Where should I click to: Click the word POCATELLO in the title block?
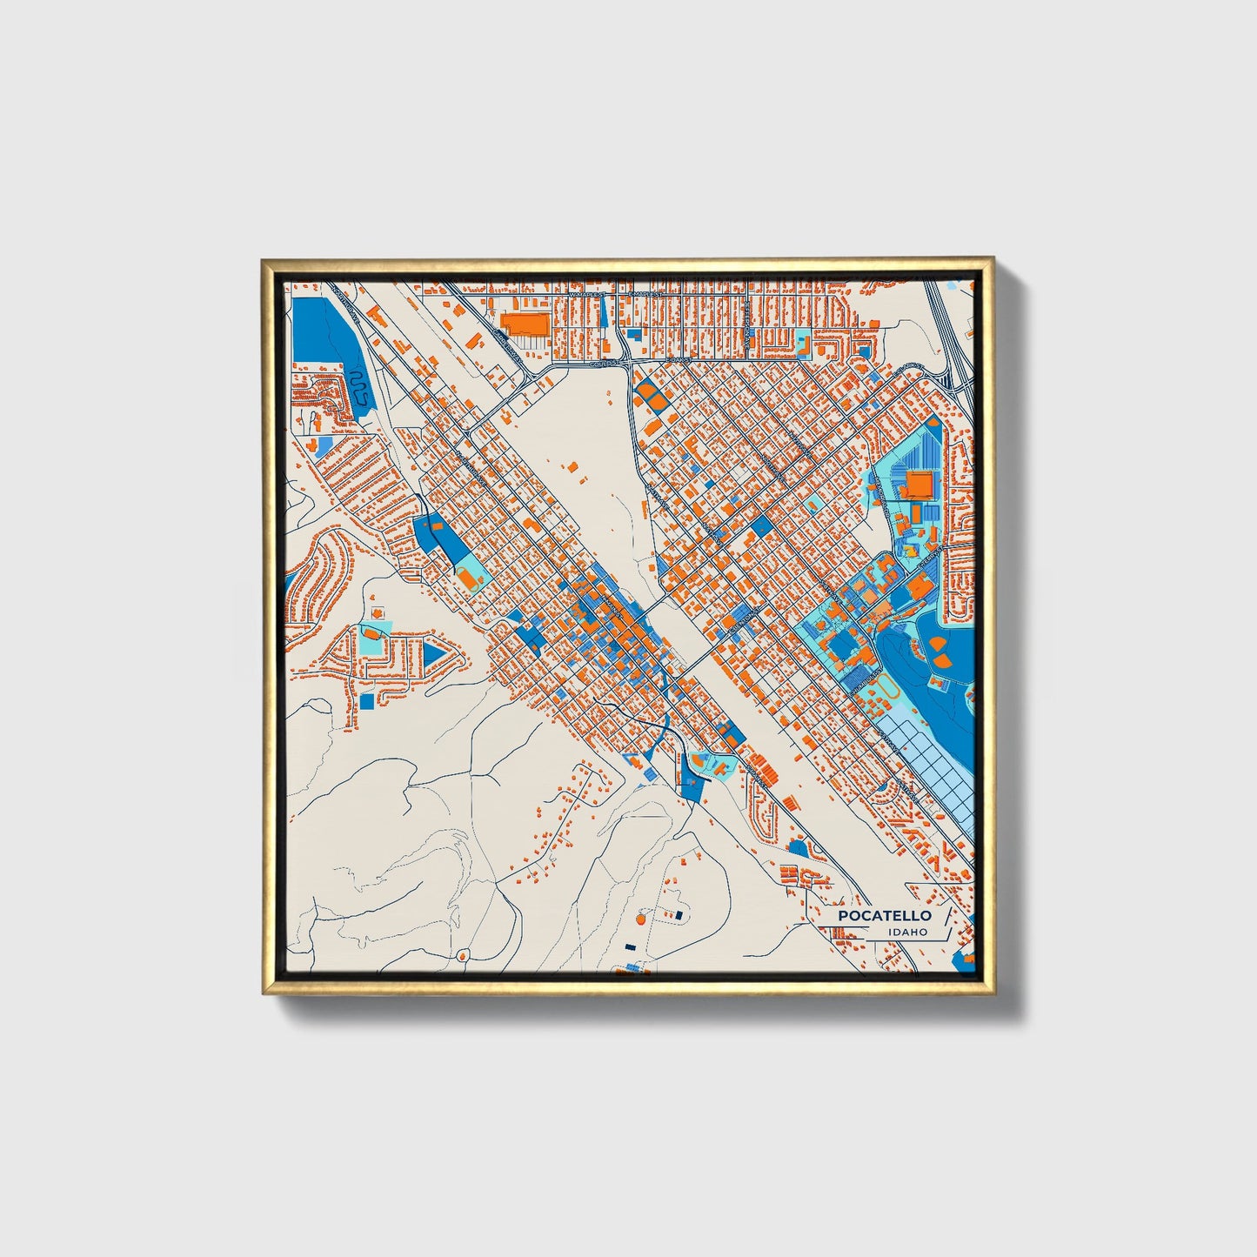[884, 915]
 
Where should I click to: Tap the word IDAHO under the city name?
[907, 932]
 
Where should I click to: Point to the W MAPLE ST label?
[587, 295]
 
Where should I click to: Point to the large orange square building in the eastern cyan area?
[919, 484]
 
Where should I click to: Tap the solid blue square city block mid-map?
[761, 525]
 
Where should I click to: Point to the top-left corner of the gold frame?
[264, 260]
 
